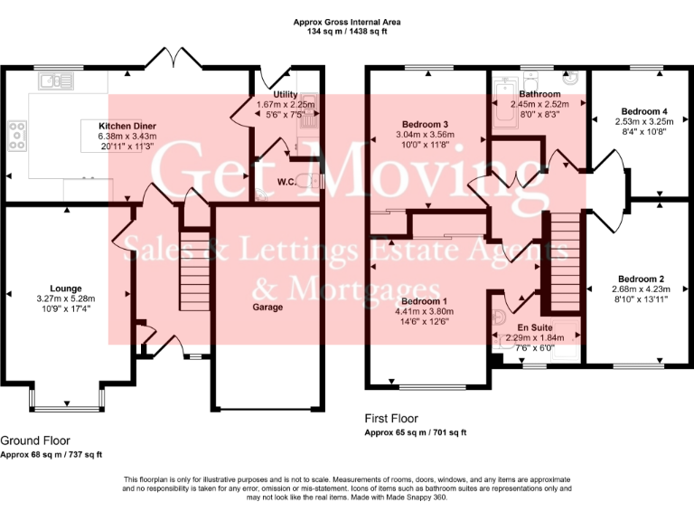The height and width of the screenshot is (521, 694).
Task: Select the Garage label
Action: point(267,308)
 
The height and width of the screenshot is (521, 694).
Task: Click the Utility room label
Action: point(285,94)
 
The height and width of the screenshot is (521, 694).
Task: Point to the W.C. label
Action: point(287,182)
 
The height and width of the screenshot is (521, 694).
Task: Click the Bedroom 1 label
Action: point(425,300)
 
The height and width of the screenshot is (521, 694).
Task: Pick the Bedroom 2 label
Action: point(642,279)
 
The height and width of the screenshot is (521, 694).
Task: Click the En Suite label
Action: point(535,327)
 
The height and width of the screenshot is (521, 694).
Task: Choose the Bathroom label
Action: point(539,94)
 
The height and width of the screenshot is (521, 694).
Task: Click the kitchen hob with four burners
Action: point(17,135)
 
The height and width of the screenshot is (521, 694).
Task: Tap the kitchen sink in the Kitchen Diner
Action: point(51,81)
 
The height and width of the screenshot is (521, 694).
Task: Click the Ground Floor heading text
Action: point(36,440)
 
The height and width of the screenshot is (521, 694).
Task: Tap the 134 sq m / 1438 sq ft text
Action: point(347,31)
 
